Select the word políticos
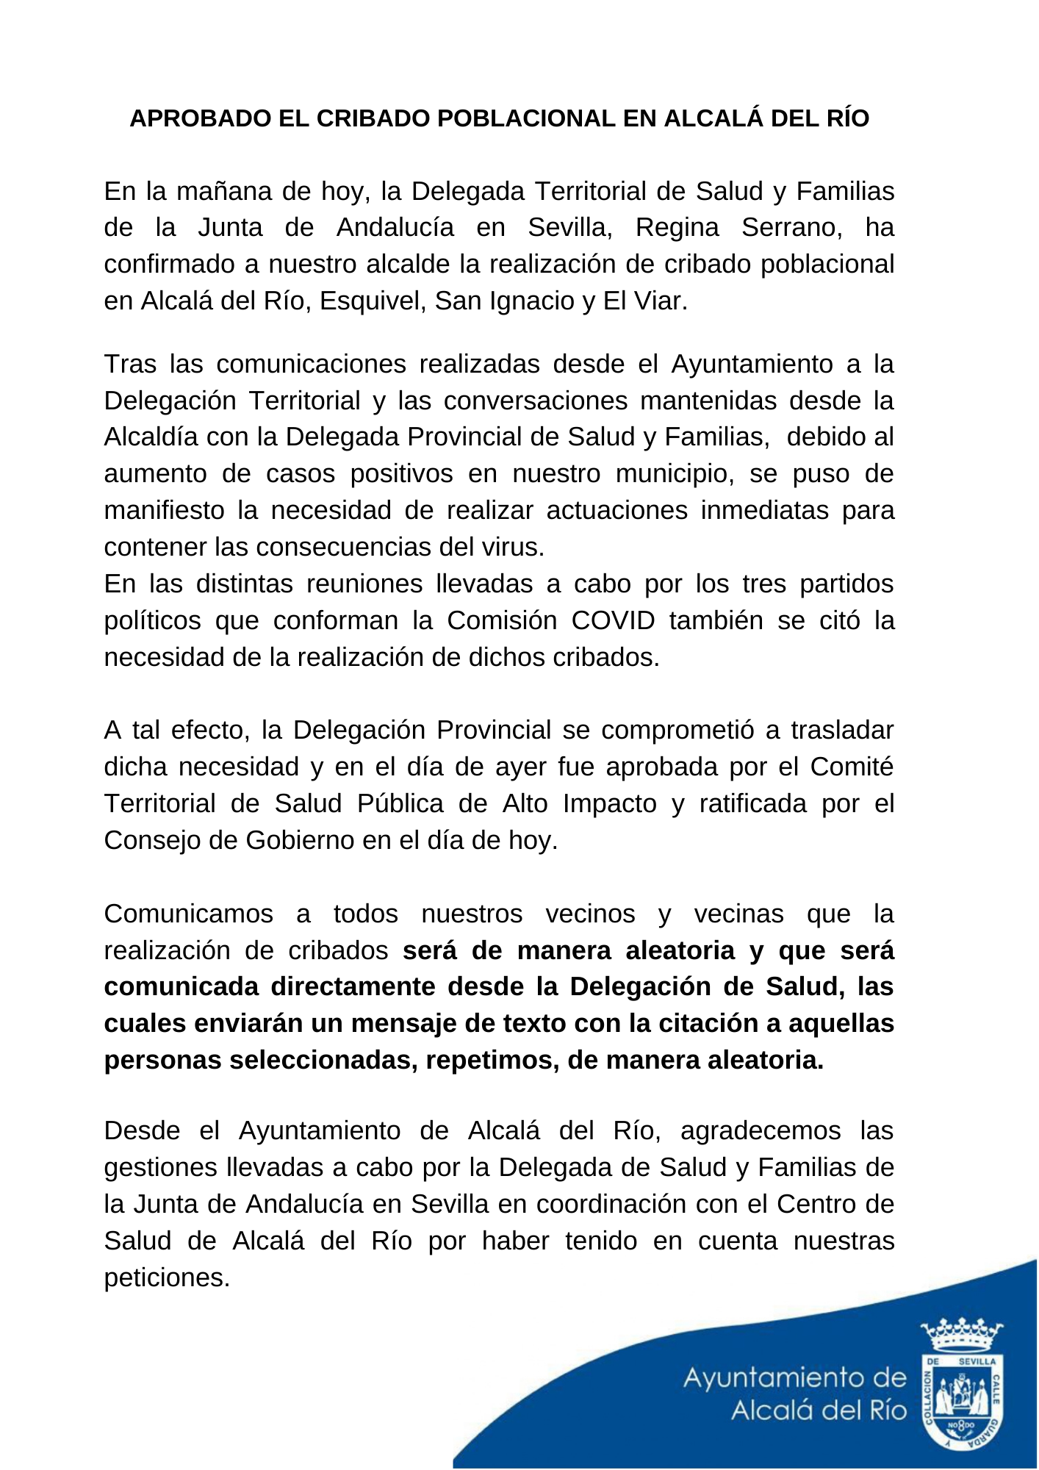pyautogui.click(x=152, y=621)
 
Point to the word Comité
pyautogui.click(x=852, y=767)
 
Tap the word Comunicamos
pyautogui.click(x=188, y=914)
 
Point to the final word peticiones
pyautogui.click(x=167, y=1277)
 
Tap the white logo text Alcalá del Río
pyautogui.click(x=819, y=1410)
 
